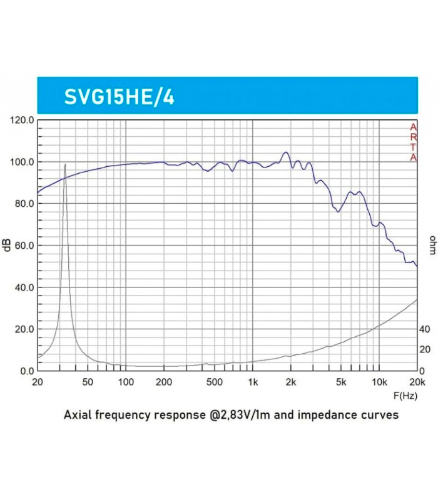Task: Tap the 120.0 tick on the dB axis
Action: [22, 120]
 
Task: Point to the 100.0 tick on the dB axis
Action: [22, 162]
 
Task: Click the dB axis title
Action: [7, 246]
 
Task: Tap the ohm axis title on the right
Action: [432, 246]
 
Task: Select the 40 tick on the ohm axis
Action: [424, 329]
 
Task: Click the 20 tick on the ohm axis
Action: [424, 350]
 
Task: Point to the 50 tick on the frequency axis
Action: [88, 382]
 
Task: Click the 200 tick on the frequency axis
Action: [164, 382]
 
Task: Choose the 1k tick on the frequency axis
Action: [253, 382]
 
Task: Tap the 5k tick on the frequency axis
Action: [341, 382]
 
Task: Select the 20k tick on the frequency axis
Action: [417, 382]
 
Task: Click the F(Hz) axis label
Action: [405, 396]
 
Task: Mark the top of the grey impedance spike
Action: [65, 164]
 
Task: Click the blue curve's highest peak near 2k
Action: [286, 152]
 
